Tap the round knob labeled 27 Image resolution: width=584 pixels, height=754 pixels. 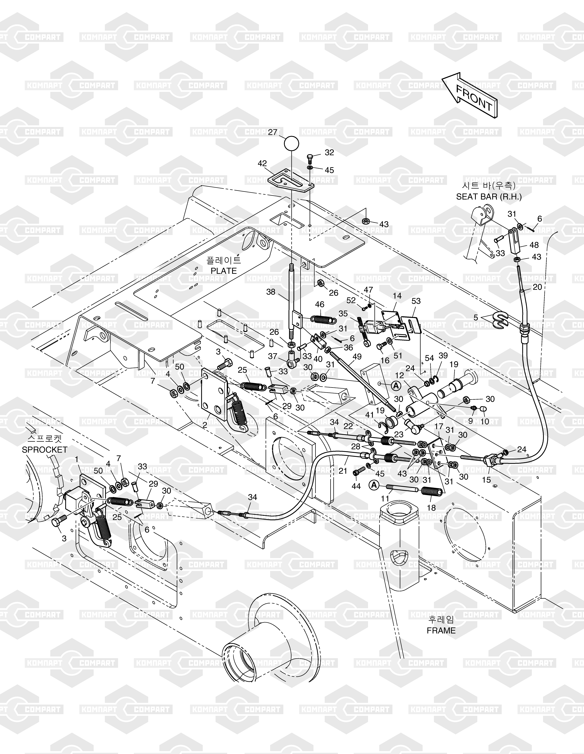coord(291,143)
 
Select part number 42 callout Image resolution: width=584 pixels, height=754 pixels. coord(263,163)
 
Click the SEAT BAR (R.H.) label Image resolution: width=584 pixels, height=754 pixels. coord(489,196)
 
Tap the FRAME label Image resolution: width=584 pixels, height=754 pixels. coord(441,630)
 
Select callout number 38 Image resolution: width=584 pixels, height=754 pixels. coord(271,292)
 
